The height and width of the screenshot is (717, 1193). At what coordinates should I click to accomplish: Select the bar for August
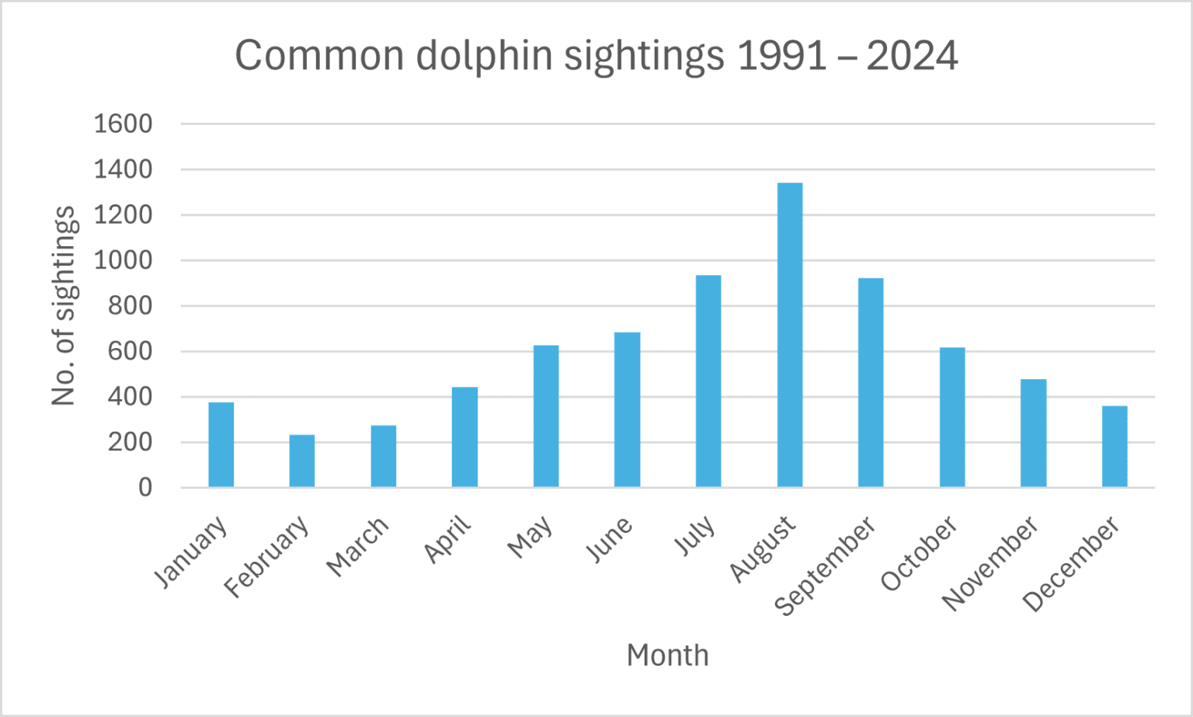(789, 335)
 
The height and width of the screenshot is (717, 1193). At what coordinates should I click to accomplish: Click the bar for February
(302, 461)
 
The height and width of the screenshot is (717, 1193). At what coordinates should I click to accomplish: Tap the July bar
(708, 381)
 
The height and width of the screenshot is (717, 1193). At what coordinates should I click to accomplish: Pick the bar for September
(871, 382)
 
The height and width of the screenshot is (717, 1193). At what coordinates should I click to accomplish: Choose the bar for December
(1115, 446)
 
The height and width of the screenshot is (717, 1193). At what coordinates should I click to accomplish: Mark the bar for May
(546, 416)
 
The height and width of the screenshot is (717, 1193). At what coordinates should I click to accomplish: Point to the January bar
(221, 444)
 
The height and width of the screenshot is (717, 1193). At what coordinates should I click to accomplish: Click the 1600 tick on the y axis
(123, 124)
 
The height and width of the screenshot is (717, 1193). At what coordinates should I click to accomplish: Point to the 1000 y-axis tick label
(123, 260)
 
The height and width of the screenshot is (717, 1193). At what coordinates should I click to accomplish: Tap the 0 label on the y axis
(145, 488)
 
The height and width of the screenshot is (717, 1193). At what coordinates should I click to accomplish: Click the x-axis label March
(357, 547)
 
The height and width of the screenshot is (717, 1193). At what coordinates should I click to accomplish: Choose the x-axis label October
(919, 553)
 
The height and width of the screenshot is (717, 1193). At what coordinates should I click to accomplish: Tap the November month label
(990, 563)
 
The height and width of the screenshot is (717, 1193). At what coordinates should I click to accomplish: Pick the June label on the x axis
(609, 540)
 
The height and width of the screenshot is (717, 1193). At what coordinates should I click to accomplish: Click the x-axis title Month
(667, 655)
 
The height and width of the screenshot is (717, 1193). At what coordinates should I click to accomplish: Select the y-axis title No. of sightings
(64, 306)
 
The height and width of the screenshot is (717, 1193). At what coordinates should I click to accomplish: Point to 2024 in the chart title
(912, 56)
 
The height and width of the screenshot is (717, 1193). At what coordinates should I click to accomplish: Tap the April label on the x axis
(448, 538)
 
